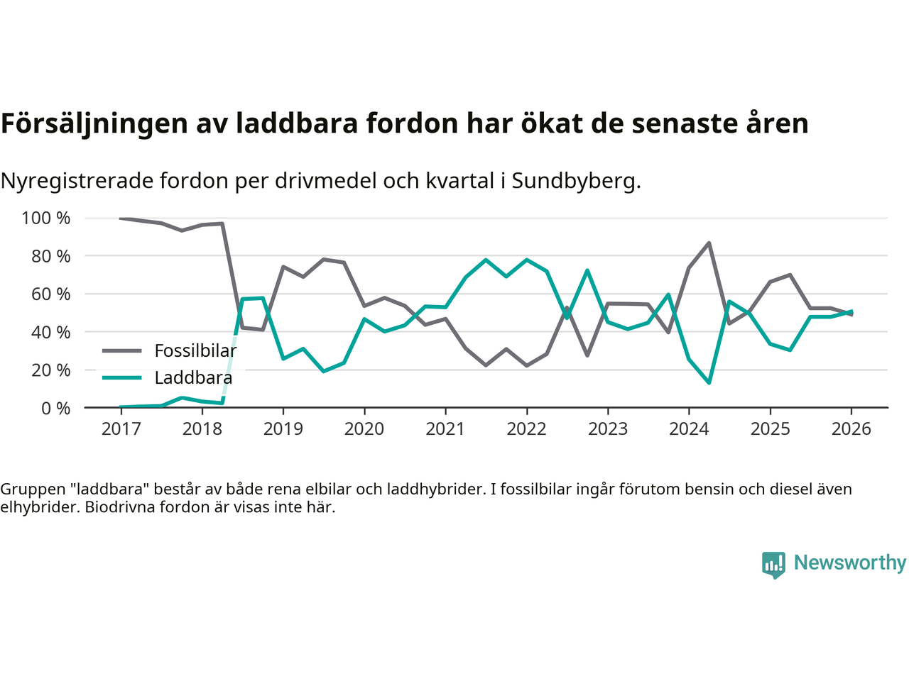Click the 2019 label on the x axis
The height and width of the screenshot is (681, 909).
[283, 429]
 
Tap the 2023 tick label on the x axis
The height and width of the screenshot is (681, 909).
[608, 429]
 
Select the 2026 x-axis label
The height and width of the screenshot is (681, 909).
[851, 429]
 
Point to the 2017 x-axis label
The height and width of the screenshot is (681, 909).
[121, 429]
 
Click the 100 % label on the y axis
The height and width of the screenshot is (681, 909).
[46, 218]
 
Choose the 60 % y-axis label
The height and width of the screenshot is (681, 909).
[51, 294]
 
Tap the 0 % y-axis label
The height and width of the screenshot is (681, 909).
[55, 408]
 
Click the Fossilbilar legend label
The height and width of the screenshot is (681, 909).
[195, 350]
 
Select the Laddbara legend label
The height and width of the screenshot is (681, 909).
[193, 377]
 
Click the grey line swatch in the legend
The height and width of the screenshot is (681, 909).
[121, 350]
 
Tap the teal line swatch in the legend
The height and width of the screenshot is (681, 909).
[121, 377]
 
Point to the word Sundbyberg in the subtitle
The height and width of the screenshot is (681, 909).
[576, 181]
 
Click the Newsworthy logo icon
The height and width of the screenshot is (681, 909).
[773, 565]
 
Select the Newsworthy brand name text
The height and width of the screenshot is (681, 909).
[850, 563]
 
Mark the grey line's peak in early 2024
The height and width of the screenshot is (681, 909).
[709, 243]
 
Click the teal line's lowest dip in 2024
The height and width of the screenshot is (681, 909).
[709, 383]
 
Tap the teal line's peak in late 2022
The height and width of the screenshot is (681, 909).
[587, 270]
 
